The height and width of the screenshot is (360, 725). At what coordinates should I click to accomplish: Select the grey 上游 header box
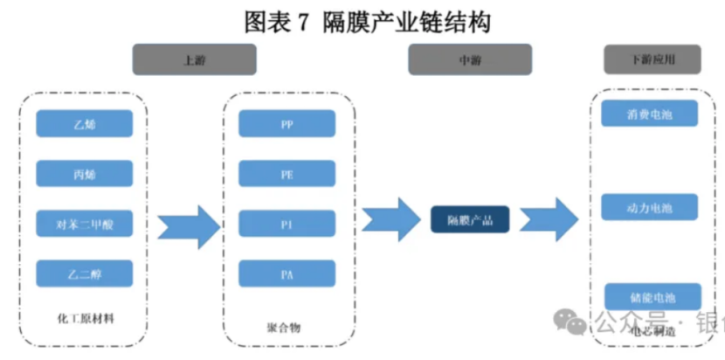194,59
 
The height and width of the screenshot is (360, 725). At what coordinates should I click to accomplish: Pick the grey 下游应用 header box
652,59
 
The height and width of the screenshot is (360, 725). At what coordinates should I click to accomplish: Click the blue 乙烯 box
84,124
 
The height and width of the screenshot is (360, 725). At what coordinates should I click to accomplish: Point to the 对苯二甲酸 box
84,225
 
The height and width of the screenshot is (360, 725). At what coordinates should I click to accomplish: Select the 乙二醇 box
84,273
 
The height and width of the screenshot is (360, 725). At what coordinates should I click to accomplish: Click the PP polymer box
287,124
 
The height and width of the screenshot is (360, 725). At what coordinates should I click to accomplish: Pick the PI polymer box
287,225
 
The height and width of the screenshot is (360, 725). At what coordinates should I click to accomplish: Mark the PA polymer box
287,274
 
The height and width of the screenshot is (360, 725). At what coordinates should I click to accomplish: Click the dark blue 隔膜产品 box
470,220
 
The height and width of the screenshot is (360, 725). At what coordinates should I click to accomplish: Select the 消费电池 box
650,114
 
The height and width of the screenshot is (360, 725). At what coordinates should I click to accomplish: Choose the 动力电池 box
650,208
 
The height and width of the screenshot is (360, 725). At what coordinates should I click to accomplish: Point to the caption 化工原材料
84,319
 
